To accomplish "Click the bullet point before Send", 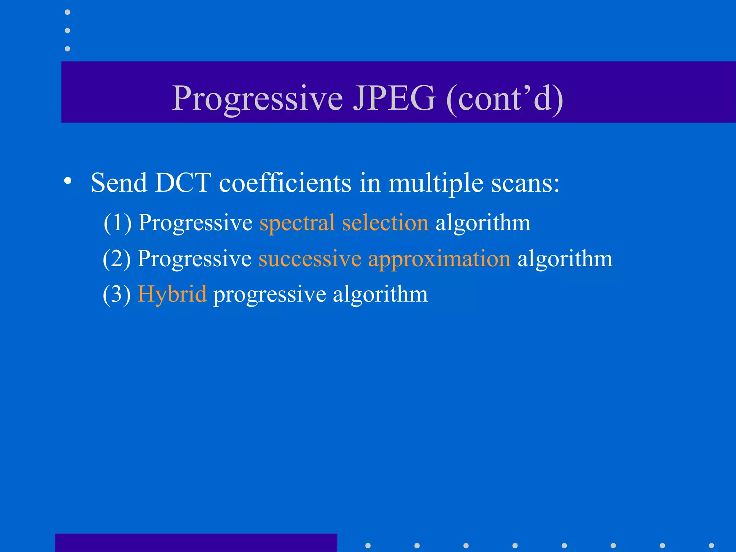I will point(68,181).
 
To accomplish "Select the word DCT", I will point(183,183).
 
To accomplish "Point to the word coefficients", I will point(285,183).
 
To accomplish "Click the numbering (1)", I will point(118,223).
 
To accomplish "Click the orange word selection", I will point(385,222).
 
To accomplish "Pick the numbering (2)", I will point(117,259).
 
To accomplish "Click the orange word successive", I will point(310,259).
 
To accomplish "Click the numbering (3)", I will point(117,295).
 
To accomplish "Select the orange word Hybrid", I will point(172,295).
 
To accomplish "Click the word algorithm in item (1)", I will point(483,223).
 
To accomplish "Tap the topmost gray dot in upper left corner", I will point(67,12).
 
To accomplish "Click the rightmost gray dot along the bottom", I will point(711,546).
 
